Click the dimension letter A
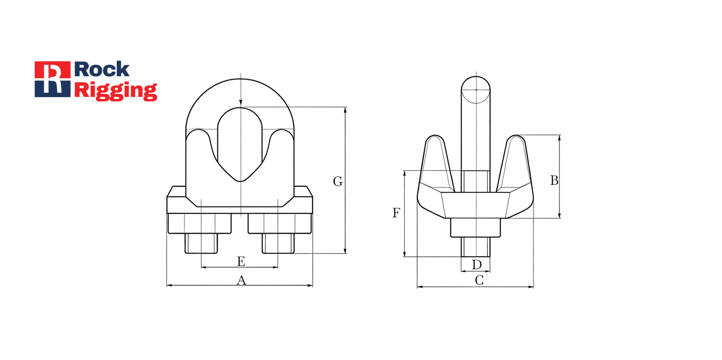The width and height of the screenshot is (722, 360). coord(241,281)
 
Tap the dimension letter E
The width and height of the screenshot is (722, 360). coord(241,261)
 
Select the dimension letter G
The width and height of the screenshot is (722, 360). coord(338,181)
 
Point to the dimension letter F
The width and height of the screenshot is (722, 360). coord(396,213)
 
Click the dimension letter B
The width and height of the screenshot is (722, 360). coord(554,180)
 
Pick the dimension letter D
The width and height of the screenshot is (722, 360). coord(477,265)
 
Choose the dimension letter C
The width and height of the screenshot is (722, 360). coord(479,280)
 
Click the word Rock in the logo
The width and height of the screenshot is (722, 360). coord(102,69)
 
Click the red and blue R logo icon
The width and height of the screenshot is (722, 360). coord(52,79)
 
